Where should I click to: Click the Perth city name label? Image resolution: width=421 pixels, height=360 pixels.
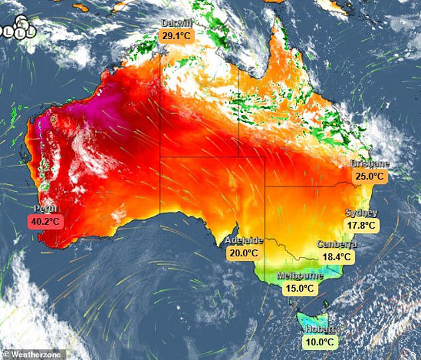click(44, 209)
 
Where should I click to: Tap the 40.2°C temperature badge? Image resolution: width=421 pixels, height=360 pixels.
click(46, 222)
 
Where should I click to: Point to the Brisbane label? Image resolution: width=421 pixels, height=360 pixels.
click(369, 164)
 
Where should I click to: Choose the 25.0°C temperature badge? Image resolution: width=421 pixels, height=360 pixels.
click(369, 177)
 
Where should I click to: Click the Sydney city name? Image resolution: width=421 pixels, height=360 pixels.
click(361, 213)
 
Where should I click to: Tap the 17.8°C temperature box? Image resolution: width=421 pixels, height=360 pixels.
click(361, 225)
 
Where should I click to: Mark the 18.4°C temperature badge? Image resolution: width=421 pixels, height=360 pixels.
click(337, 256)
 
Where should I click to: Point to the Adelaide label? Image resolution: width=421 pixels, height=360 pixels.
click(244, 240)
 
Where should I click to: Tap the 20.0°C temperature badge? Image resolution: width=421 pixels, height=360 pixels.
click(243, 252)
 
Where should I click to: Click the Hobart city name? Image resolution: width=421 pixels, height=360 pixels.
click(321, 329)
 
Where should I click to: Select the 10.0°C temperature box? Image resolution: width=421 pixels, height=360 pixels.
click(320, 342)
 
